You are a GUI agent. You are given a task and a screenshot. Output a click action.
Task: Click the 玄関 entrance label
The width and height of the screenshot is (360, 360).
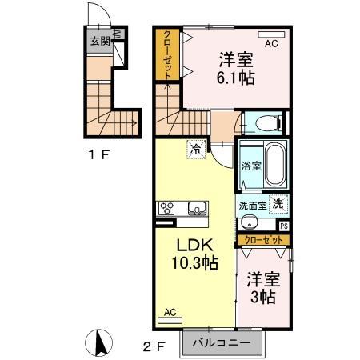100,41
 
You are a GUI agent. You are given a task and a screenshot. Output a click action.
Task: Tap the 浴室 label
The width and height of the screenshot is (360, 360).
250,166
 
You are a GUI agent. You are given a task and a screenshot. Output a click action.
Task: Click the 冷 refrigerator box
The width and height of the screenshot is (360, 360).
195,147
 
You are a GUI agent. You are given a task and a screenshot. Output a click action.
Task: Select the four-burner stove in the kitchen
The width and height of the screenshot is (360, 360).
167,208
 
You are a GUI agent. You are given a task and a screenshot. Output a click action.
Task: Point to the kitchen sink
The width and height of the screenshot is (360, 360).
196,209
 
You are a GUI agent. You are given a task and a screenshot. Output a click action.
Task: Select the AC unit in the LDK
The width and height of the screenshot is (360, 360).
170,317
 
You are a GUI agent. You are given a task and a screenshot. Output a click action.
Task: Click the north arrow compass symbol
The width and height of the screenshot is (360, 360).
102,343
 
